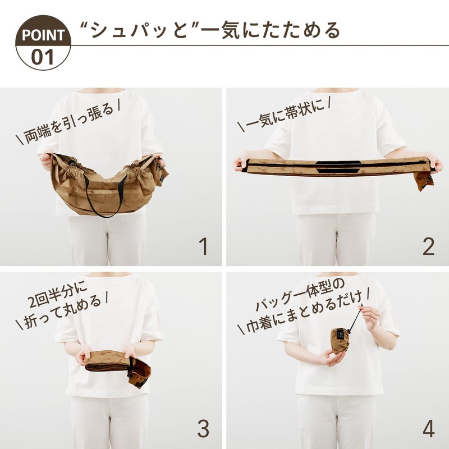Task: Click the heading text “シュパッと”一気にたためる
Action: (210, 29)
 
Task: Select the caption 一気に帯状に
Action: (283, 116)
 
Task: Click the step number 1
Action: (203, 246)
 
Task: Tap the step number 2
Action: (428, 246)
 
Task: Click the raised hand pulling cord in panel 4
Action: (371, 317)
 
